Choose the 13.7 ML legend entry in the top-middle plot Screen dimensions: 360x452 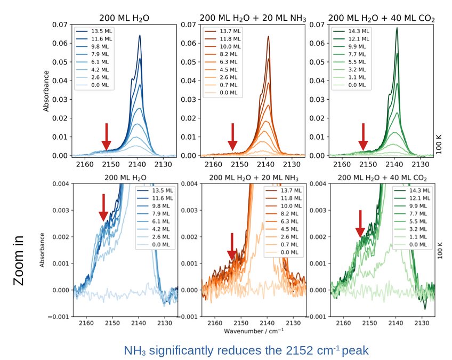(x=223, y=31)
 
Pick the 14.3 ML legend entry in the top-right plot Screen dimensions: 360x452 (x=351, y=31)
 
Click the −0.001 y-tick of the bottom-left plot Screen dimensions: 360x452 (x=59, y=317)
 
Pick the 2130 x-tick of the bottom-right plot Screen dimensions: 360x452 (x=423, y=323)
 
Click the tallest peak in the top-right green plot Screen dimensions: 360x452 (x=397, y=28)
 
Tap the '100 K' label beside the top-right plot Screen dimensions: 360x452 (x=439, y=145)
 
